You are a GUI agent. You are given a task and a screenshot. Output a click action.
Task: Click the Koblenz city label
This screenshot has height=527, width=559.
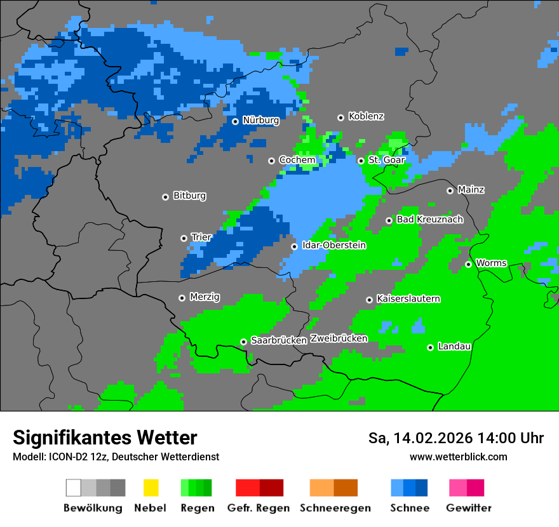coord(366,117)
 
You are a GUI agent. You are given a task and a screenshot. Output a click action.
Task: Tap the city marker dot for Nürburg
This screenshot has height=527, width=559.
coord(235,121)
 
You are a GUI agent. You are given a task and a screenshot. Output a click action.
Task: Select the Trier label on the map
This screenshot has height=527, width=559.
coord(201,237)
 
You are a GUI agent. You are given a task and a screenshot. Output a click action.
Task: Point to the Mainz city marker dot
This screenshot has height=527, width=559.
coord(450,190)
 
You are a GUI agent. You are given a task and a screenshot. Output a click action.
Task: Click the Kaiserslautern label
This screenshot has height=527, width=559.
coord(408,299)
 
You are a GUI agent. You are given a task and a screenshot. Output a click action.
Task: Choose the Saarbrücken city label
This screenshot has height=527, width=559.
coord(279,341)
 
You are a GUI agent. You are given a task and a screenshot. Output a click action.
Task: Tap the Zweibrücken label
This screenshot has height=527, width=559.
coord(339,338)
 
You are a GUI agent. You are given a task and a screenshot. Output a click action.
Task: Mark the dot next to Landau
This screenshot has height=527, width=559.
coord(430,347)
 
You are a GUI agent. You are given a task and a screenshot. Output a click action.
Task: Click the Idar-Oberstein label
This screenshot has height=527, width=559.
coord(333,246)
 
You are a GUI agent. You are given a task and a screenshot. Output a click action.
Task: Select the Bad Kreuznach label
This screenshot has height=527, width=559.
coord(429,220)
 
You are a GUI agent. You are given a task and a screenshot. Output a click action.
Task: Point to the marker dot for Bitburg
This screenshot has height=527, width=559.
coord(165,197)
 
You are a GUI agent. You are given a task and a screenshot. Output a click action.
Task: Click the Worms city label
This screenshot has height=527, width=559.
coord(490,263)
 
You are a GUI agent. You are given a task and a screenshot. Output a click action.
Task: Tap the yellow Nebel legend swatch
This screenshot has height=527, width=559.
coord(151,488)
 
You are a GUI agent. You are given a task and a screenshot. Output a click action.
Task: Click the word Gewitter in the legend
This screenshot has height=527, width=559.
coord(468,508)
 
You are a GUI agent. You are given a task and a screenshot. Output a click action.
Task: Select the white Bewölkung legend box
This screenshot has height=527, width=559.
coord(74,488)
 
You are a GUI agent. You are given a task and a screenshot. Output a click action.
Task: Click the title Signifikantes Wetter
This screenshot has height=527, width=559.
coord(105,438)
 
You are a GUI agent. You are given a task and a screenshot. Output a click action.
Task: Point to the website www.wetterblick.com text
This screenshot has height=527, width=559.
coord(458,457)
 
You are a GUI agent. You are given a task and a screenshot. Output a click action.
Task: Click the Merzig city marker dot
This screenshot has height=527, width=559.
coord(182,298)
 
